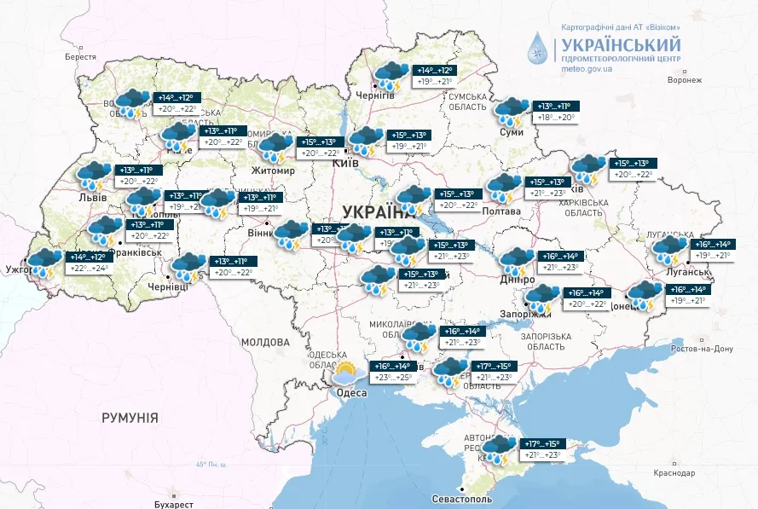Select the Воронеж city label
coord(684,80)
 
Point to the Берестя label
coord(82,56)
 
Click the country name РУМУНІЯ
coord(130,417)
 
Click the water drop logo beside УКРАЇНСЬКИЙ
coord(539,48)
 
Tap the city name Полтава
coord(501,211)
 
